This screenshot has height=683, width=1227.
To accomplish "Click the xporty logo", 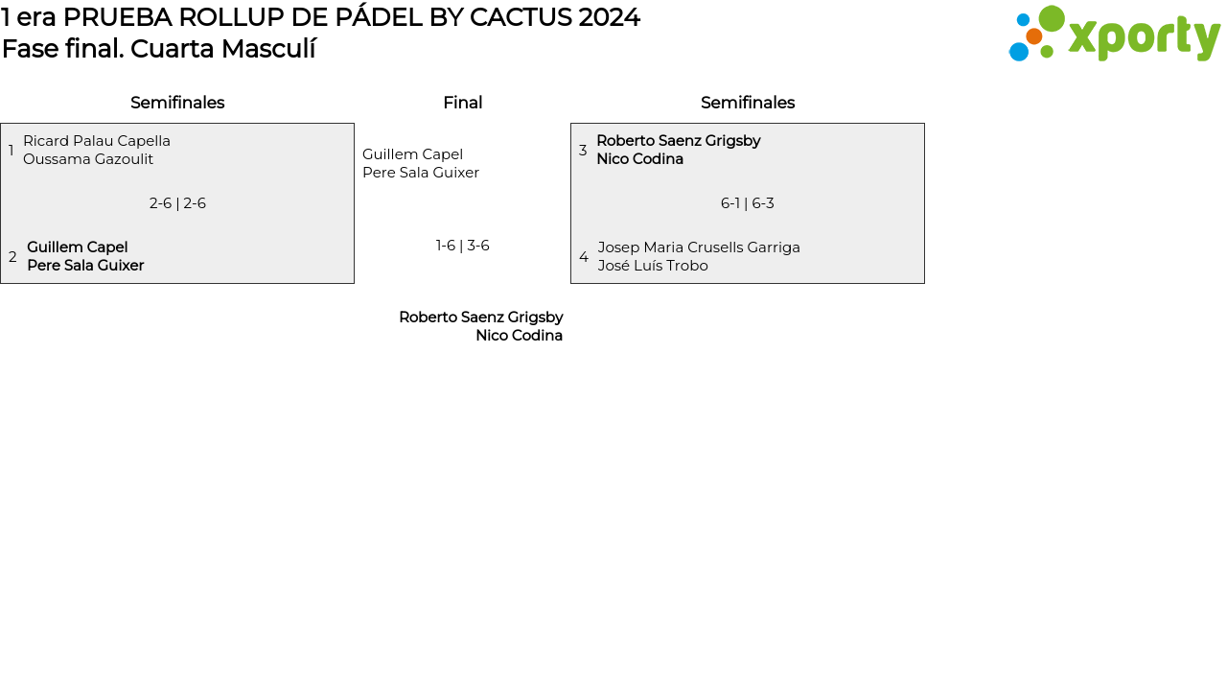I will [x=1114, y=35].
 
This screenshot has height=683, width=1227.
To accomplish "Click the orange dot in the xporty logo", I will [x=1034, y=36].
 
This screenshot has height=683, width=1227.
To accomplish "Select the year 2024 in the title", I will [x=609, y=17].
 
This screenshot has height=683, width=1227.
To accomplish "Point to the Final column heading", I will [x=462, y=103].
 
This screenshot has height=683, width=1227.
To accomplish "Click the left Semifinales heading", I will [x=177, y=103].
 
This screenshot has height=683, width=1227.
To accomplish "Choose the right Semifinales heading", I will [x=748, y=103].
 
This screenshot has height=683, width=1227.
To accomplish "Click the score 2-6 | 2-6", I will [x=177, y=203].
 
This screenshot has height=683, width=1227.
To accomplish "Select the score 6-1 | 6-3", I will [x=748, y=203].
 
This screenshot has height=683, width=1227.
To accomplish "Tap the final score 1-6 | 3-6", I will [x=463, y=246].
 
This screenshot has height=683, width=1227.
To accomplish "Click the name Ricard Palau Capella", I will [x=97, y=141].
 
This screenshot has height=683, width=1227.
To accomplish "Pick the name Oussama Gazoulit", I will [x=88, y=159].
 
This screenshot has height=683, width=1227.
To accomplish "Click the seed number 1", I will [x=12, y=151].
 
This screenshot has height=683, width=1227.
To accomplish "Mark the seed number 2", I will [x=12, y=257].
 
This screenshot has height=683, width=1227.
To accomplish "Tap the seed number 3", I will [x=583, y=151].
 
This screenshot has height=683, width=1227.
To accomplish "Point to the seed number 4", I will [x=584, y=257].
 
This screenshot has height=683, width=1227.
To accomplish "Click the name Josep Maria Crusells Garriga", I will [x=699, y=247].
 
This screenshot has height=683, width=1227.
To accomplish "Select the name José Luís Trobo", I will [x=653, y=266].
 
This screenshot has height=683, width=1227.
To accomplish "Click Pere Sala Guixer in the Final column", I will [x=421, y=173].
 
